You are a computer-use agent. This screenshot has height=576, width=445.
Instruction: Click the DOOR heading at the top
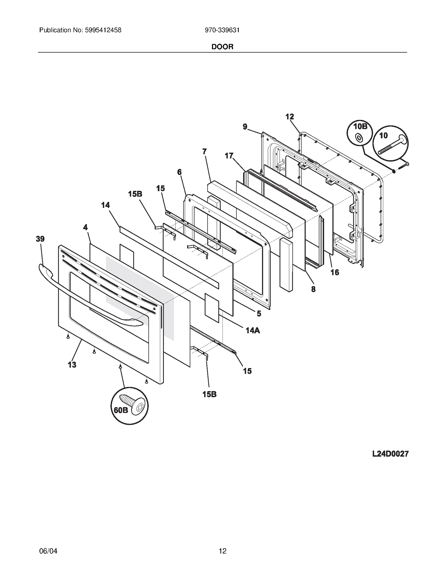point(222,47)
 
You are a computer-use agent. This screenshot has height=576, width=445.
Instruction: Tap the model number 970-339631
point(222,30)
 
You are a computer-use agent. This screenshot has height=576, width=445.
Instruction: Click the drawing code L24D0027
point(390,454)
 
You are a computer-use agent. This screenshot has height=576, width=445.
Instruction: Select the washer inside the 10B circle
point(359,137)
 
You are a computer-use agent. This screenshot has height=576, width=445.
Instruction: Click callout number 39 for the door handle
point(40,239)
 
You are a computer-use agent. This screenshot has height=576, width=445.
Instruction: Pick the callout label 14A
point(253,330)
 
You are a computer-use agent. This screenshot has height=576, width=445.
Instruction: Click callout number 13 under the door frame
point(72,365)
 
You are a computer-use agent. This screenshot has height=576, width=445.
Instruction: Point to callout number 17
point(229,156)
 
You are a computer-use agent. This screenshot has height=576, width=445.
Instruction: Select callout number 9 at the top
point(245,127)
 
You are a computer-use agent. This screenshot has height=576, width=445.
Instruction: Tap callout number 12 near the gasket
point(290,117)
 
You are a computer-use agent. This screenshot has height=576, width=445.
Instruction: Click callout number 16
point(335,272)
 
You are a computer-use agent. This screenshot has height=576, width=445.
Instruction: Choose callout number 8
point(313,290)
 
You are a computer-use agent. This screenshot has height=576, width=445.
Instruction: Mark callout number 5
point(259,314)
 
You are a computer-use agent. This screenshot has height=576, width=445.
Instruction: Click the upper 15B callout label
point(135,194)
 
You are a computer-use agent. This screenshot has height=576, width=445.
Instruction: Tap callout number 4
point(85,228)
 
